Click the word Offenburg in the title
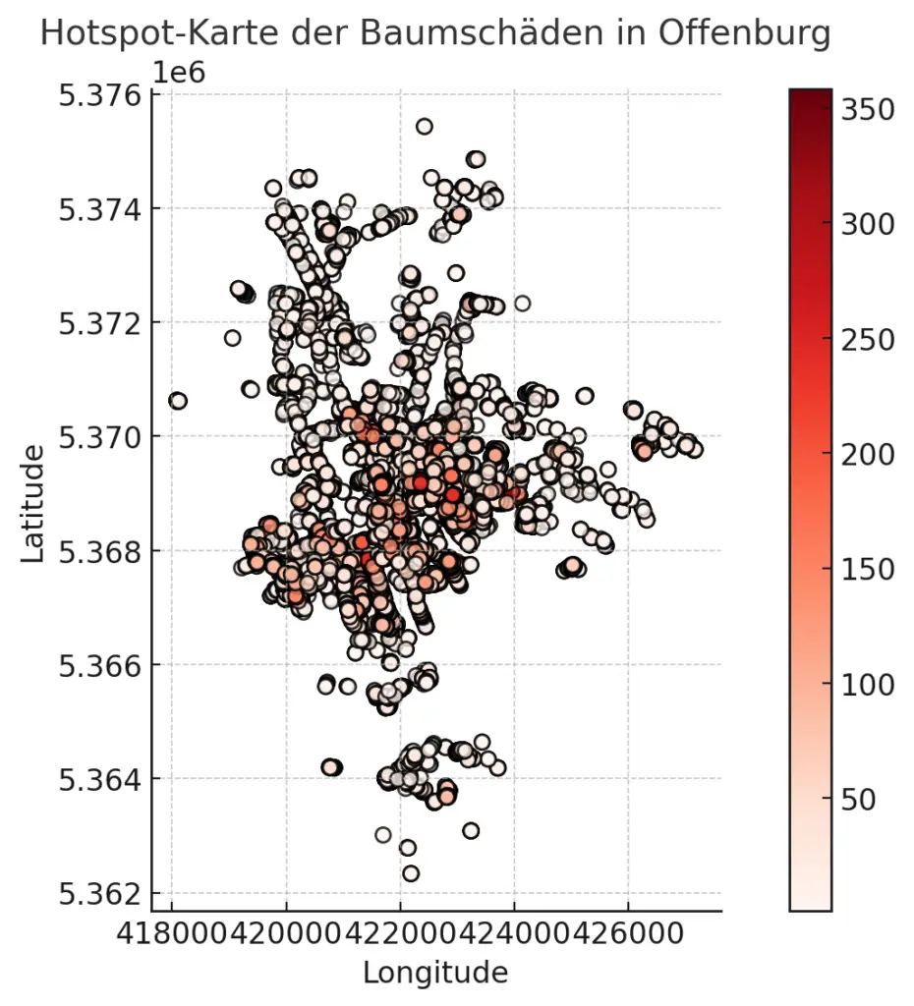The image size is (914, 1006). click(744, 33)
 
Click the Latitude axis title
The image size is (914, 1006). click(33, 503)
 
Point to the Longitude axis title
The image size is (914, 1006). click(435, 973)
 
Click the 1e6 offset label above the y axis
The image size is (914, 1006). click(179, 72)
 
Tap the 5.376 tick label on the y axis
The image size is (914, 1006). click(99, 95)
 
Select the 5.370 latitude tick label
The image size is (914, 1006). click(99, 436)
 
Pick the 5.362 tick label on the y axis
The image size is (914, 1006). click(99, 894)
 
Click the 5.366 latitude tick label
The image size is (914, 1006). click(99, 665)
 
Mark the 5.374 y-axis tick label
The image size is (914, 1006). click(99, 209)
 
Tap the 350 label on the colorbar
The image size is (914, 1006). click(868, 109)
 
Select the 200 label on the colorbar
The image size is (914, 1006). click(868, 454)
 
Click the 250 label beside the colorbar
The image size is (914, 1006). click(868, 339)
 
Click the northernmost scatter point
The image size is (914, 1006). click(425, 126)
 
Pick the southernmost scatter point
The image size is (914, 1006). click(411, 873)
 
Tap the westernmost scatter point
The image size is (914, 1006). click(178, 400)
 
